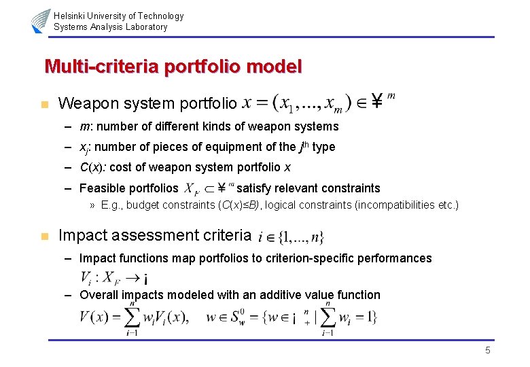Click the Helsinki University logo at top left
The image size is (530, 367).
click(41, 21)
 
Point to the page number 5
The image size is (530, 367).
click(487, 350)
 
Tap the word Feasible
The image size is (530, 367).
click(102, 188)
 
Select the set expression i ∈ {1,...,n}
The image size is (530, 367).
click(291, 237)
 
